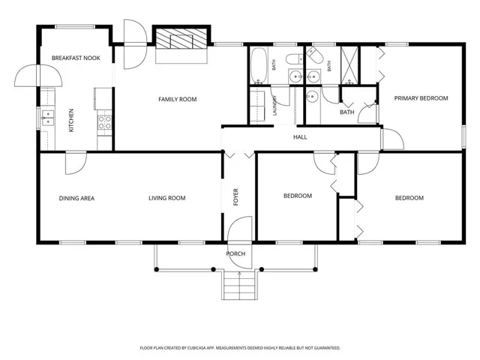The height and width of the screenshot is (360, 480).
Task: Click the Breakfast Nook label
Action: [76, 58]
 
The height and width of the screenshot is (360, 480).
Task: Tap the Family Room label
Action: [178, 99]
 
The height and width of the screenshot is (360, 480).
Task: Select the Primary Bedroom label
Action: [421, 98]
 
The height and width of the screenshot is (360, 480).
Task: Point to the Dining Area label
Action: [76, 198]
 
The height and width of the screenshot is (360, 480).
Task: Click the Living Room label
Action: [167, 198]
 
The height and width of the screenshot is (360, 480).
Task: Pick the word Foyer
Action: [235, 196]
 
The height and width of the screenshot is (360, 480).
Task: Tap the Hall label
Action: [300, 136]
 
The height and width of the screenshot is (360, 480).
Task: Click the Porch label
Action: [235, 253]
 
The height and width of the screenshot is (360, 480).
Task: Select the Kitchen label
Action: [71, 120]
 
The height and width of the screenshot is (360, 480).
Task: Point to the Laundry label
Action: [274, 106]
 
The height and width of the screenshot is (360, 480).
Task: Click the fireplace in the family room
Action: [181, 38]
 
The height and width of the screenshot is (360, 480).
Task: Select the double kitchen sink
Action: [48, 118]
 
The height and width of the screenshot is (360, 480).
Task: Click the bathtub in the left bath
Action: [259, 65]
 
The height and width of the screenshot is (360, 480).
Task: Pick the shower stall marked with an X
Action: [349, 65]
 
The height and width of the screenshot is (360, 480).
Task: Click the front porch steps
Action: [239, 285]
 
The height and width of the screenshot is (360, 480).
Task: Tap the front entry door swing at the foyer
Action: [239, 242]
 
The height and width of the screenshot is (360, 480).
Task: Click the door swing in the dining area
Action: [76, 163]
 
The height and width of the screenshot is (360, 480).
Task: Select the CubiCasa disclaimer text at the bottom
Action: [240, 348]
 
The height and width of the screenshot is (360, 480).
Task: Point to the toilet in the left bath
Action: [294, 58]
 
